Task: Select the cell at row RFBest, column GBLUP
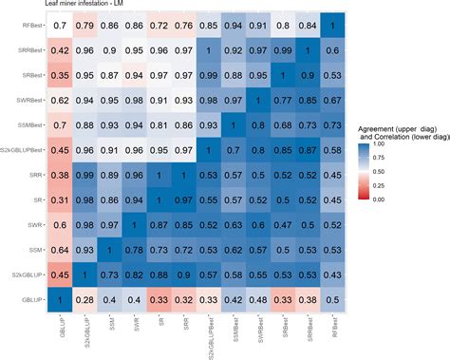[59, 23]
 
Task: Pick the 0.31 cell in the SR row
[59, 199]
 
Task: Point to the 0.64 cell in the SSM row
[59, 250]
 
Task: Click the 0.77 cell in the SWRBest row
[283, 99]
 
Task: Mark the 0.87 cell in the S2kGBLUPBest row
[308, 149]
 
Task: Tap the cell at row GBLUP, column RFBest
[332, 300]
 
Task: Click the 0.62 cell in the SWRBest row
[59, 99]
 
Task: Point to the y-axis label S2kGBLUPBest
[23, 149]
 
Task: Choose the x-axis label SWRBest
[258, 332]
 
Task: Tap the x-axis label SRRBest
[308, 332]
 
